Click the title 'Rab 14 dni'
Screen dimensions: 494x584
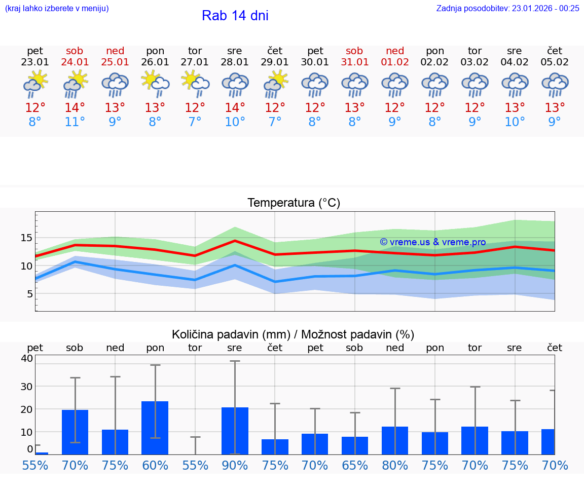(235, 16)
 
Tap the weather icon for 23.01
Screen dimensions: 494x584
(35, 84)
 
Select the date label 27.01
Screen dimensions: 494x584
(195, 62)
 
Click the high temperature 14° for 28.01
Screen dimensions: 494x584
(235, 108)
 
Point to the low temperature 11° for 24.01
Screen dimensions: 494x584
(75, 122)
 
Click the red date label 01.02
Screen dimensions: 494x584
(395, 62)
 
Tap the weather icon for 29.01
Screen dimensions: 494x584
(275, 84)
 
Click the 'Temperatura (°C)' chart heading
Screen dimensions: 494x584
(294, 203)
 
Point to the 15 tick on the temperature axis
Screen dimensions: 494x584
(26, 238)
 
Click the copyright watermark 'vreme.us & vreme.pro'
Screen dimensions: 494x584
(433, 242)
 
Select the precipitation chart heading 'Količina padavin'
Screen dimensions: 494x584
(293, 334)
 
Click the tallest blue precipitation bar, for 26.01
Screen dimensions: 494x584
(155, 428)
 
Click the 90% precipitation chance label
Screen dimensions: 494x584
(235, 465)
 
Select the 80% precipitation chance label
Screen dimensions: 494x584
(395, 465)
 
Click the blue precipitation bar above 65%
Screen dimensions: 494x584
(355, 445)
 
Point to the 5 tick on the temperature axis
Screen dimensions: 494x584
(29, 294)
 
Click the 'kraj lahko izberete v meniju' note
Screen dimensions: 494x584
(57, 8)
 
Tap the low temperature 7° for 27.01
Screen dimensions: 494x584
(195, 122)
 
